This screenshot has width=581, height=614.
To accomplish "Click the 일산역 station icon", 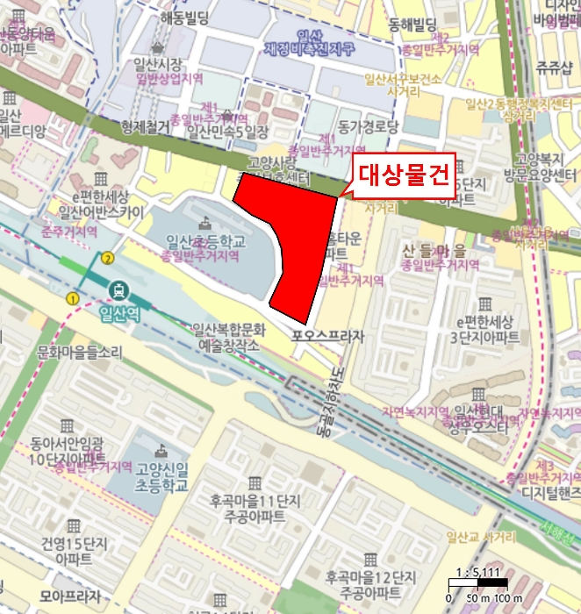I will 117,290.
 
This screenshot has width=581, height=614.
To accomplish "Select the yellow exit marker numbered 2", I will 108,258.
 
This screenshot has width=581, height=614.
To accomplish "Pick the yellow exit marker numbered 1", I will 72,299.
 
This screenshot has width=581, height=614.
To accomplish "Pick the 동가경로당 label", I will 368,126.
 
